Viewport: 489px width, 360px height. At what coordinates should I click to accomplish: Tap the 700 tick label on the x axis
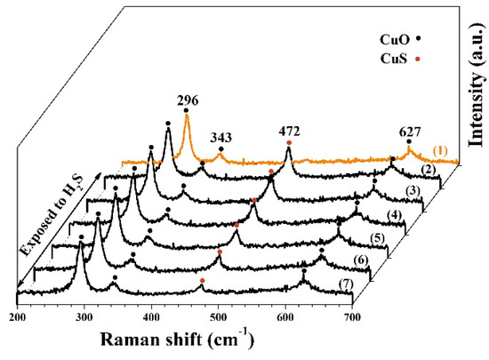(x=352, y=316)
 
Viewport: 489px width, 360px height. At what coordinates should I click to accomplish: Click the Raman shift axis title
(x=186, y=340)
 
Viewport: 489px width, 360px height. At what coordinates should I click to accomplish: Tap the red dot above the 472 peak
(x=288, y=142)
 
